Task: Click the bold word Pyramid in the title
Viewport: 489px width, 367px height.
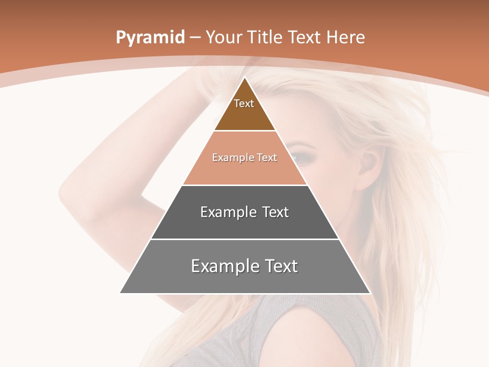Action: pyautogui.click(x=150, y=38)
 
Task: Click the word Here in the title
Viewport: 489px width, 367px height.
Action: pyautogui.click(x=346, y=38)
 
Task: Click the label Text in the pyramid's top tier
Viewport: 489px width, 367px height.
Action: pyautogui.click(x=244, y=103)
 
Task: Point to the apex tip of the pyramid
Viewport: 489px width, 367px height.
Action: pyautogui.click(x=245, y=78)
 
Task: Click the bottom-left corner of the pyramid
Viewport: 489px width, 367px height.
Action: pyautogui.click(x=121, y=293)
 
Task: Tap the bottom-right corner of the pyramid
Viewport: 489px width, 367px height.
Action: pyautogui.click(x=369, y=293)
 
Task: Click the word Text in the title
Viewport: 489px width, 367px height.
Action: pyautogui.click(x=306, y=38)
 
